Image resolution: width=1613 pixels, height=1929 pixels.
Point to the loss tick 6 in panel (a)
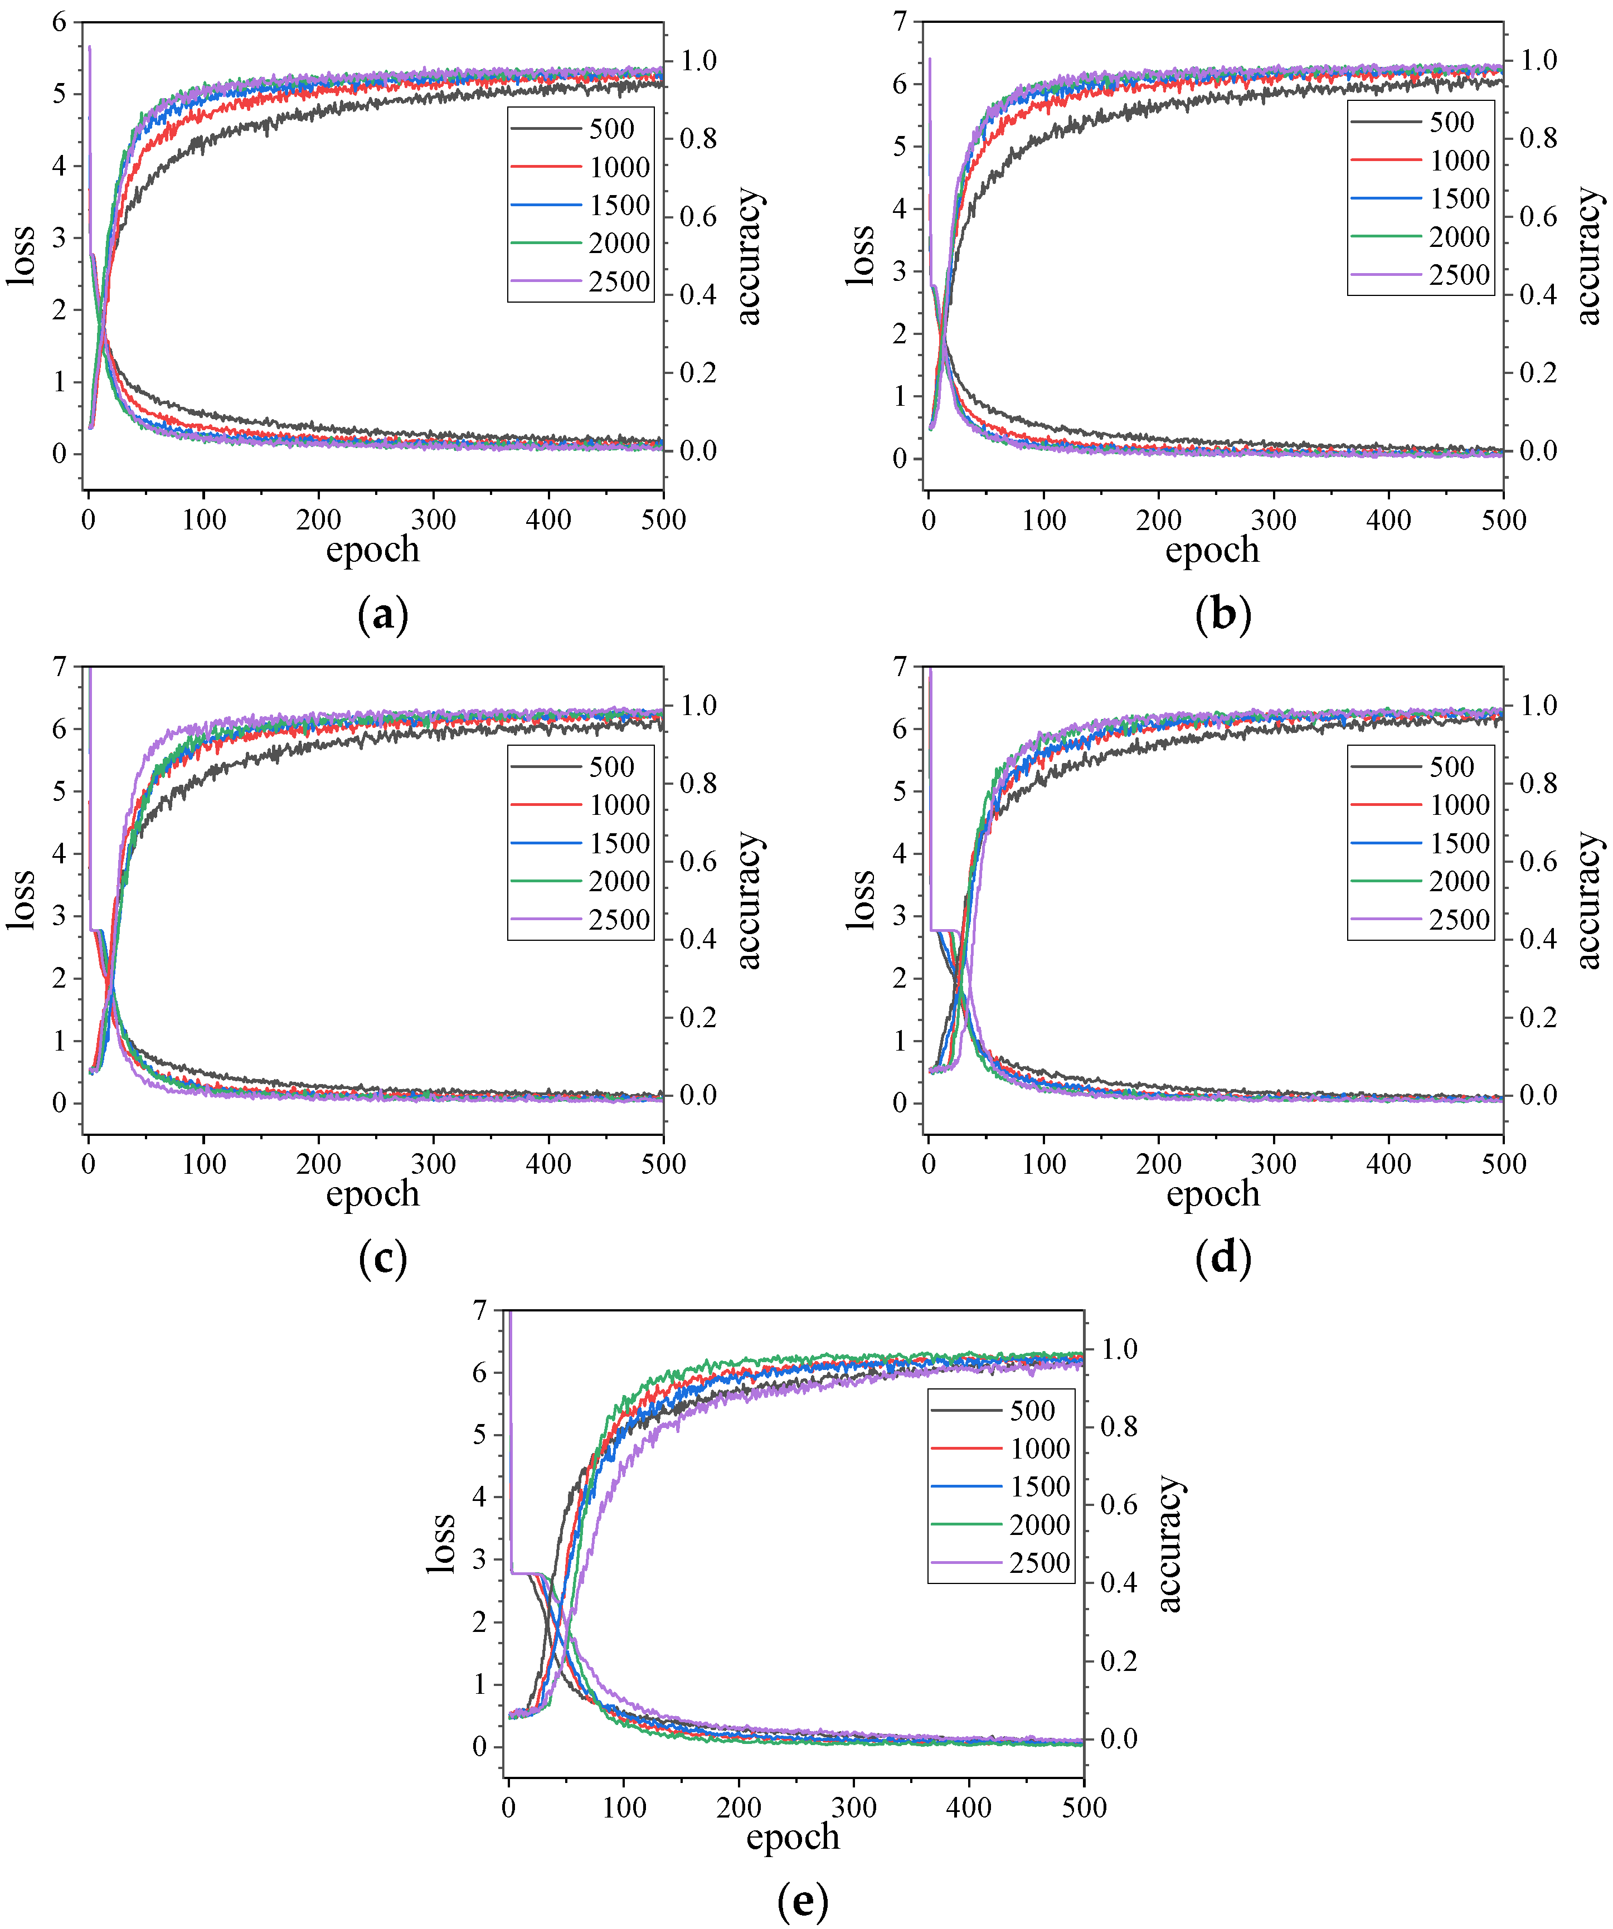coord(60,22)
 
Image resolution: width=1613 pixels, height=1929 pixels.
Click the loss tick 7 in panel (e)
coord(479,1311)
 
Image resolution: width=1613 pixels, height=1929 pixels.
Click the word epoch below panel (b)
coord(1212,550)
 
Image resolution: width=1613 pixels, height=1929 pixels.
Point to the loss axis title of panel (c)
coord(22,899)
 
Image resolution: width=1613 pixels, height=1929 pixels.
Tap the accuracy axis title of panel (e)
coord(1168,1544)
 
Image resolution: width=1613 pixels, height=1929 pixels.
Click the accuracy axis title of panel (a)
coord(750,256)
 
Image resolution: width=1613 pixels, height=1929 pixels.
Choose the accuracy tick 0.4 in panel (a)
coord(698,295)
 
